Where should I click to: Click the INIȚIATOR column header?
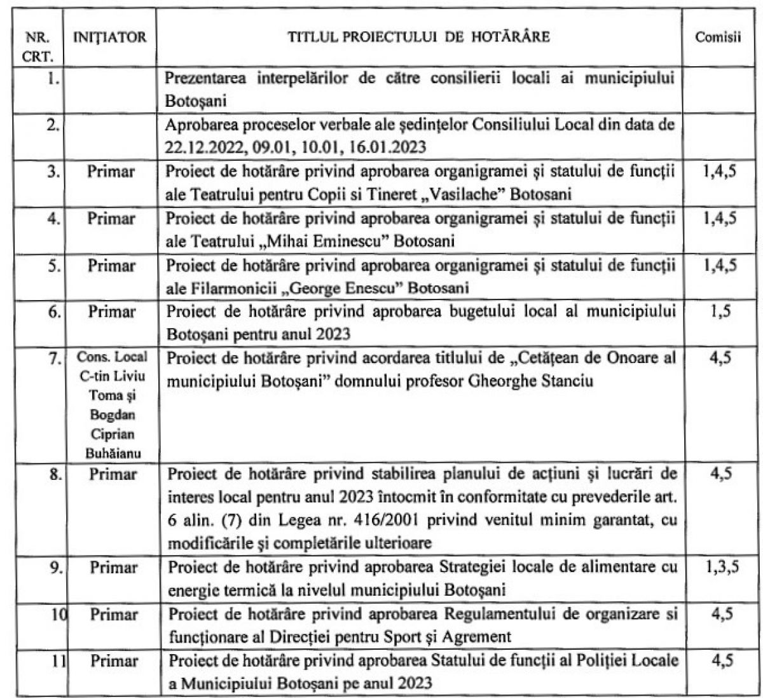pyautogui.click(x=111, y=38)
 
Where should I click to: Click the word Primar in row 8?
pyautogui.click(x=112, y=475)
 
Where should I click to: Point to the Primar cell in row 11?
pyautogui.click(x=112, y=662)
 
